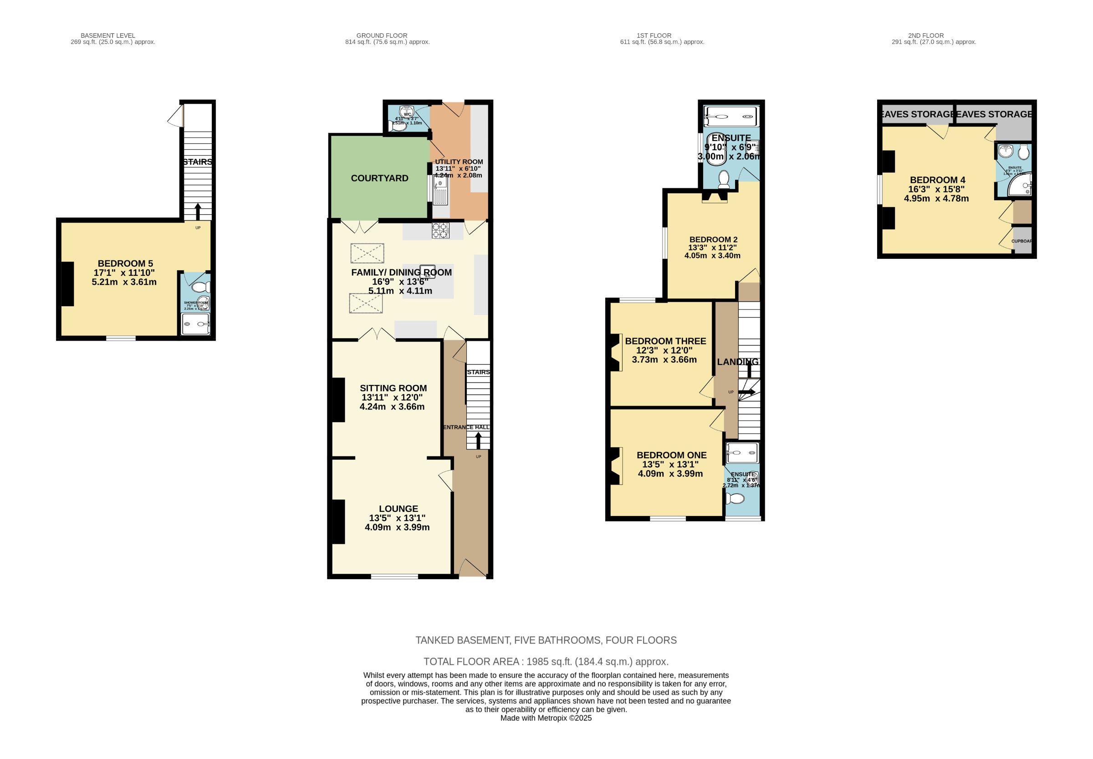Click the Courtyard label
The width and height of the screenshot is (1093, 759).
coord(379,178)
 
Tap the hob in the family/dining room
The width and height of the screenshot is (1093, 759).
coord(440,231)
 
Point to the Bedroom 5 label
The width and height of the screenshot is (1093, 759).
coord(125,263)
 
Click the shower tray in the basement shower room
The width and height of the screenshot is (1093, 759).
coord(195,324)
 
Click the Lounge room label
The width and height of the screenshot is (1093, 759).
coord(398,509)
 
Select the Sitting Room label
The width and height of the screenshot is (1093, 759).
coord(393,388)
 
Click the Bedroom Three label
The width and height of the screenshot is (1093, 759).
coord(665,341)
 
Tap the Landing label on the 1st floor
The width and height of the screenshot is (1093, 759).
coord(737,362)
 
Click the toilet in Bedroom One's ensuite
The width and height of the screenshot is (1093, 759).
coord(735,498)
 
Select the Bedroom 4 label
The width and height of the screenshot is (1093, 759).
coord(937,180)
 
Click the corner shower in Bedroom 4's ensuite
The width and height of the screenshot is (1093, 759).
coord(1020,186)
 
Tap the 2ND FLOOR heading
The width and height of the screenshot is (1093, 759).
coord(925,35)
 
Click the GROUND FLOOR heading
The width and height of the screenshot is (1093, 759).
coord(382,35)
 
